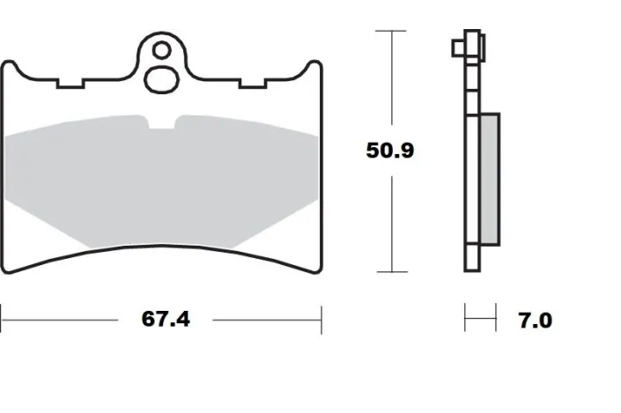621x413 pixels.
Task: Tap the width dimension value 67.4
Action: [166, 319]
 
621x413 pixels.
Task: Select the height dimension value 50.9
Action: [390, 150]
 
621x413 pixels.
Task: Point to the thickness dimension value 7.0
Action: [534, 320]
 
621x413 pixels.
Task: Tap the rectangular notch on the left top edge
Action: [69, 85]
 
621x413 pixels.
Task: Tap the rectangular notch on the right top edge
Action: [254, 85]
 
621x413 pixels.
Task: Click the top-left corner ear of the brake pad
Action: [11, 67]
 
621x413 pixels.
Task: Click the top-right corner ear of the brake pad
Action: [311, 67]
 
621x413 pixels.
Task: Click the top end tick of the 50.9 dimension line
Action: [390, 31]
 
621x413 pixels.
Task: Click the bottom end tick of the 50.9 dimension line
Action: [390, 271]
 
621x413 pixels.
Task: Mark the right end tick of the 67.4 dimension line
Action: [321, 319]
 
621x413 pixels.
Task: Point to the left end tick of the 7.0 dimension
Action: [466, 319]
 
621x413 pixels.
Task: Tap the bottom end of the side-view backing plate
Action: [473, 269]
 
